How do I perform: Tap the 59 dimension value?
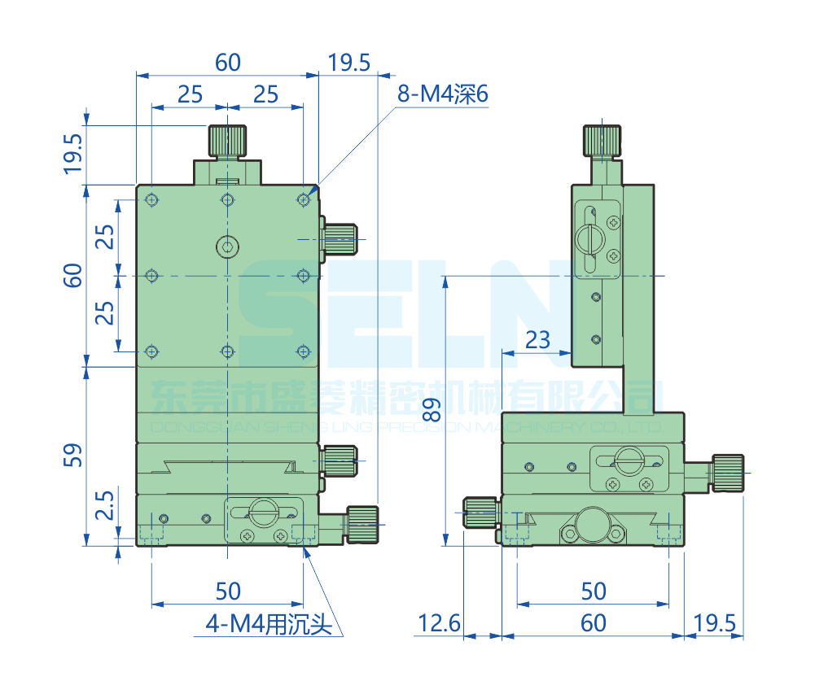tap(72, 456)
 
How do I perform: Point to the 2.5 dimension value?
tap(104, 511)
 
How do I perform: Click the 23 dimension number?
tap(537, 338)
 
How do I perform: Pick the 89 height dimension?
tap(426, 408)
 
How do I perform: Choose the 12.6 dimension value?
tap(439, 623)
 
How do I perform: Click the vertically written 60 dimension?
tap(72, 276)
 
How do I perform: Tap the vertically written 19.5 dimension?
tap(72, 154)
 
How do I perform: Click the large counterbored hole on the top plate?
tap(227, 245)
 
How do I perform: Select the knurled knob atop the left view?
tap(228, 141)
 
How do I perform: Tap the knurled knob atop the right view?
tap(602, 141)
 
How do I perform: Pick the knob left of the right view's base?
tap(481, 513)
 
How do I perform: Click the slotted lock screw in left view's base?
tap(263, 512)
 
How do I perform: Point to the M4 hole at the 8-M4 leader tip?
tap(304, 198)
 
